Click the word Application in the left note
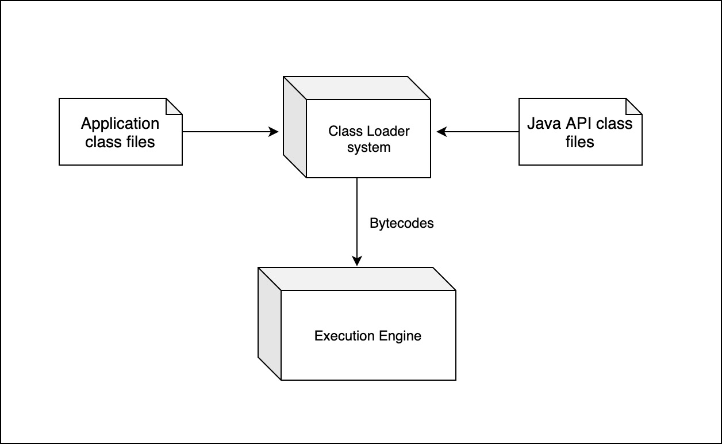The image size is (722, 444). point(120,124)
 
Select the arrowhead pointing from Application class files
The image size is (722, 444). point(274,132)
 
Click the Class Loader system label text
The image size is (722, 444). point(368,139)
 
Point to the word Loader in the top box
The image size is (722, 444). point(388,131)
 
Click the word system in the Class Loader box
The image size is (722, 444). point(368,148)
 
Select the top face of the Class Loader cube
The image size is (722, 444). point(356,87)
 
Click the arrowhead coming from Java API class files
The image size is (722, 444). point(441,132)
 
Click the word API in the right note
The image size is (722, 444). point(577,124)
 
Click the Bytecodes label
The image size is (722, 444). point(401,224)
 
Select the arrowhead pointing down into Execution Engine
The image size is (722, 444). point(357,262)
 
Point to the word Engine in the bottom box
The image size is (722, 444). point(400,336)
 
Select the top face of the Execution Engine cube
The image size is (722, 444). point(356,279)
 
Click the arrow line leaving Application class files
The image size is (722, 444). point(227,132)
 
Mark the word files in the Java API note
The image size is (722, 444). point(579,141)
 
